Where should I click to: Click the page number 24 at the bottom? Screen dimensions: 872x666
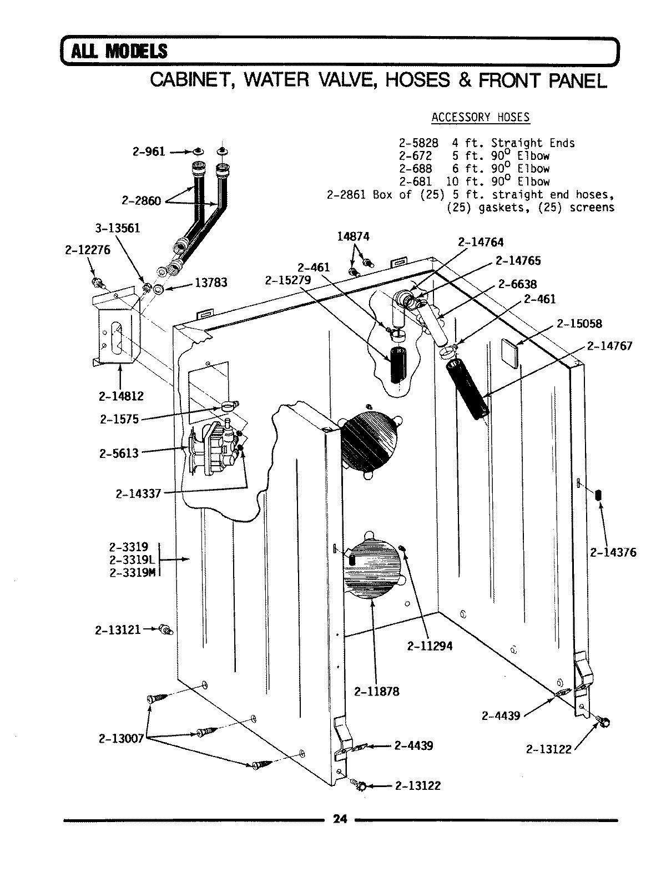[x=340, y=819]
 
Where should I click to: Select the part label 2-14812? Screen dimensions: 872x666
[x=121, y=396]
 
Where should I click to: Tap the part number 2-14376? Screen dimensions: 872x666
[x=613, y=552]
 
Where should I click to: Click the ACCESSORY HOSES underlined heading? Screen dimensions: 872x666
[x=480, y=117]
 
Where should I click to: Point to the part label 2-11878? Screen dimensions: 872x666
[x=376, y=692]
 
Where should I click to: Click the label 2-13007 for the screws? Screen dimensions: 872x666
[x=121, y=738]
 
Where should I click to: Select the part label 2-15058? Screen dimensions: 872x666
[x=580, y=323]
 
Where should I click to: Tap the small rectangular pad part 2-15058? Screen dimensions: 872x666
[x=510, y=353]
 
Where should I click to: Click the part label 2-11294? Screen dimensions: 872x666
[x=430, y=646]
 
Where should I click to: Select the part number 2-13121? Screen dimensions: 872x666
[x=117, y=630]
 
